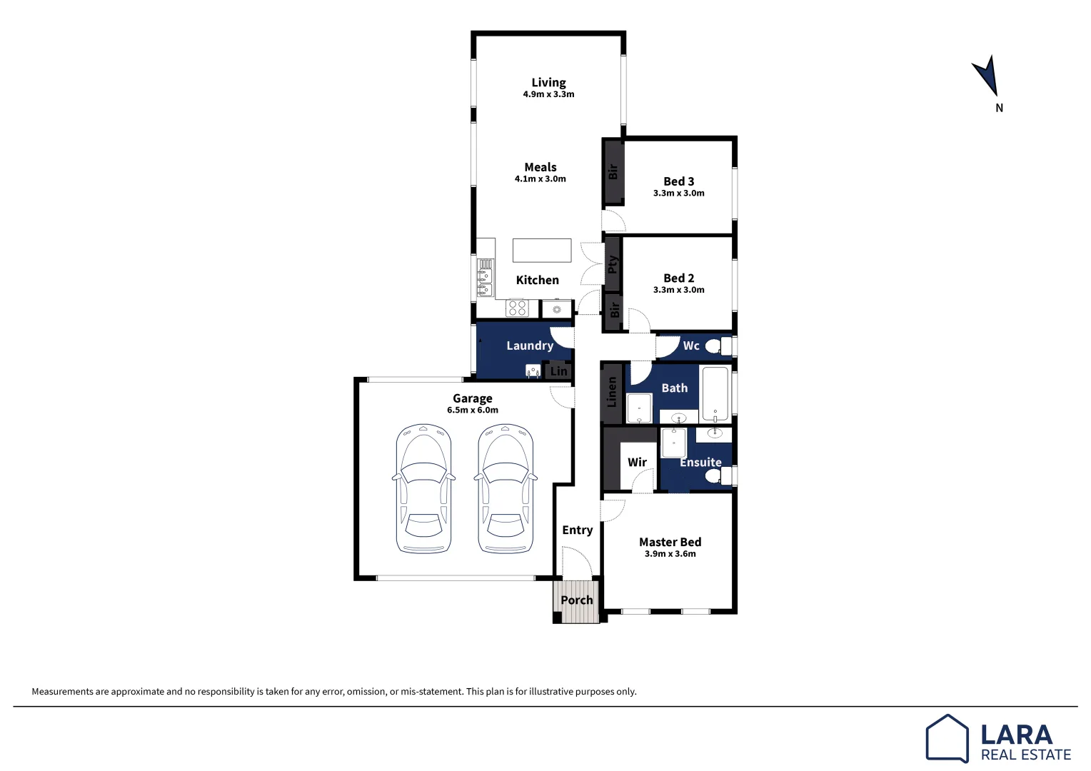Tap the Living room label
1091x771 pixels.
548,83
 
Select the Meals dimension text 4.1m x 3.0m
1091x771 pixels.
540,179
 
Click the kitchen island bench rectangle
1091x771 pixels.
542,251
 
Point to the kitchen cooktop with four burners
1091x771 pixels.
517,308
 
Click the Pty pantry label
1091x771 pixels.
612,266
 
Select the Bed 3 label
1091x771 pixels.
678,181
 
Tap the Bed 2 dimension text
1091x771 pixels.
678,290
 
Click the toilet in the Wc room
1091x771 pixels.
716,346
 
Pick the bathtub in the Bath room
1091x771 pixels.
715,393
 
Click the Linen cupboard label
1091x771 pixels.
611,393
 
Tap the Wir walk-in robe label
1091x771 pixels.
637,463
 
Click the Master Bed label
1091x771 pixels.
670,543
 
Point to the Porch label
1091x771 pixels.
577,600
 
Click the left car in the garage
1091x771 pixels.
423,489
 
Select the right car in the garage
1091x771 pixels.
505,489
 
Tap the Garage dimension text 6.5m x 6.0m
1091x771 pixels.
473,410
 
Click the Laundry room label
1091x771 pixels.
530,346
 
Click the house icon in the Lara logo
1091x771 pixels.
947,738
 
